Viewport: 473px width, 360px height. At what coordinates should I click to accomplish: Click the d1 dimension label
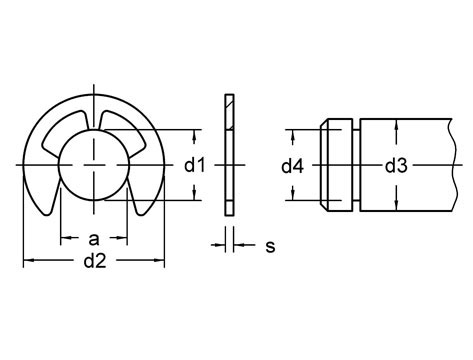(196, 165)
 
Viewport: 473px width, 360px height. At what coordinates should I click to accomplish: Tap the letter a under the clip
(94, 240)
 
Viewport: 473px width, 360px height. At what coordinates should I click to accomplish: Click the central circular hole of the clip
(94, 164)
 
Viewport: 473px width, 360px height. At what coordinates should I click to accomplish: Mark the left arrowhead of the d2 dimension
(27, 260)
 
